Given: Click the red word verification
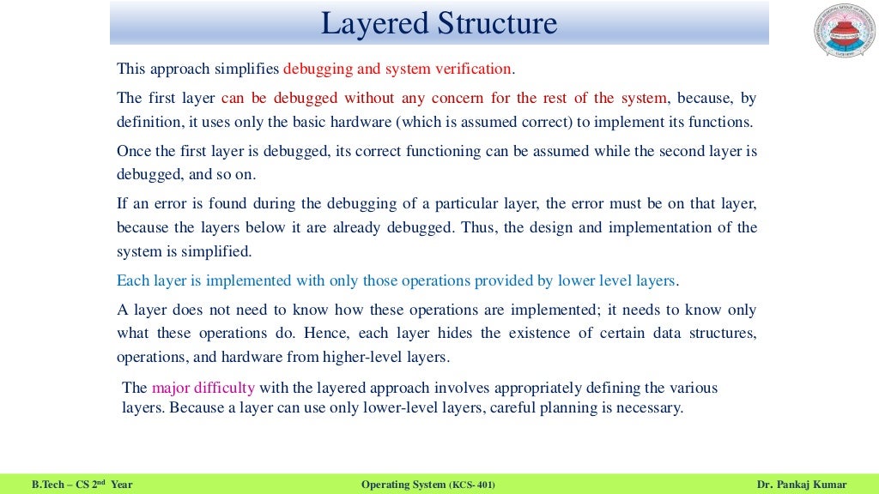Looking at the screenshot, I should (473, 69).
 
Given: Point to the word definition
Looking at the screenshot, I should (147, 122).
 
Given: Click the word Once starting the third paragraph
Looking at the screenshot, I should (133, 152).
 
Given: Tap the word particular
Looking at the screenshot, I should (458, 205).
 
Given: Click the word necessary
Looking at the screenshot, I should (649, 408).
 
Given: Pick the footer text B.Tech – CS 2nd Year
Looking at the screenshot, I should (82, 485).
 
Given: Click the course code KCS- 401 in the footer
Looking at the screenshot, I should (472, 485).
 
